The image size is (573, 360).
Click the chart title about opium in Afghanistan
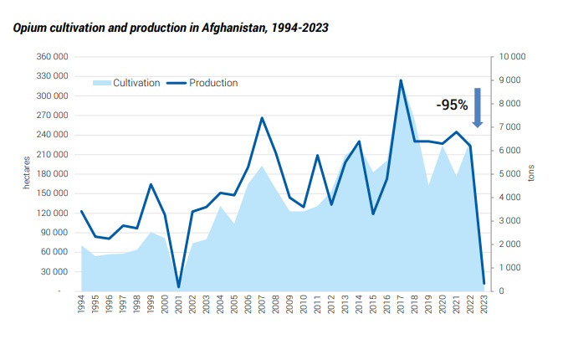171,28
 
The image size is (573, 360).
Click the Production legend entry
202,83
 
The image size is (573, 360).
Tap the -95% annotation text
452,105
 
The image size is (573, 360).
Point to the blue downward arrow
478,107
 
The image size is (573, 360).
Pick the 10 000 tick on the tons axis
511,57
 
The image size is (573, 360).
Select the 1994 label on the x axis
81,305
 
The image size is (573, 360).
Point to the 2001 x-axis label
178,305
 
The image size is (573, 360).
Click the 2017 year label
401,305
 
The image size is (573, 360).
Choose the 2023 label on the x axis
484,305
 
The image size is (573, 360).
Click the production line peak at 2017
401,80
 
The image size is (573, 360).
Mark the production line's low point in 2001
178,287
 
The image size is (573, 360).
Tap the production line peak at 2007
262,118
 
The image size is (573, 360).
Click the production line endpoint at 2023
484,283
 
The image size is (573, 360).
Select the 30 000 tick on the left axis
55,271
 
